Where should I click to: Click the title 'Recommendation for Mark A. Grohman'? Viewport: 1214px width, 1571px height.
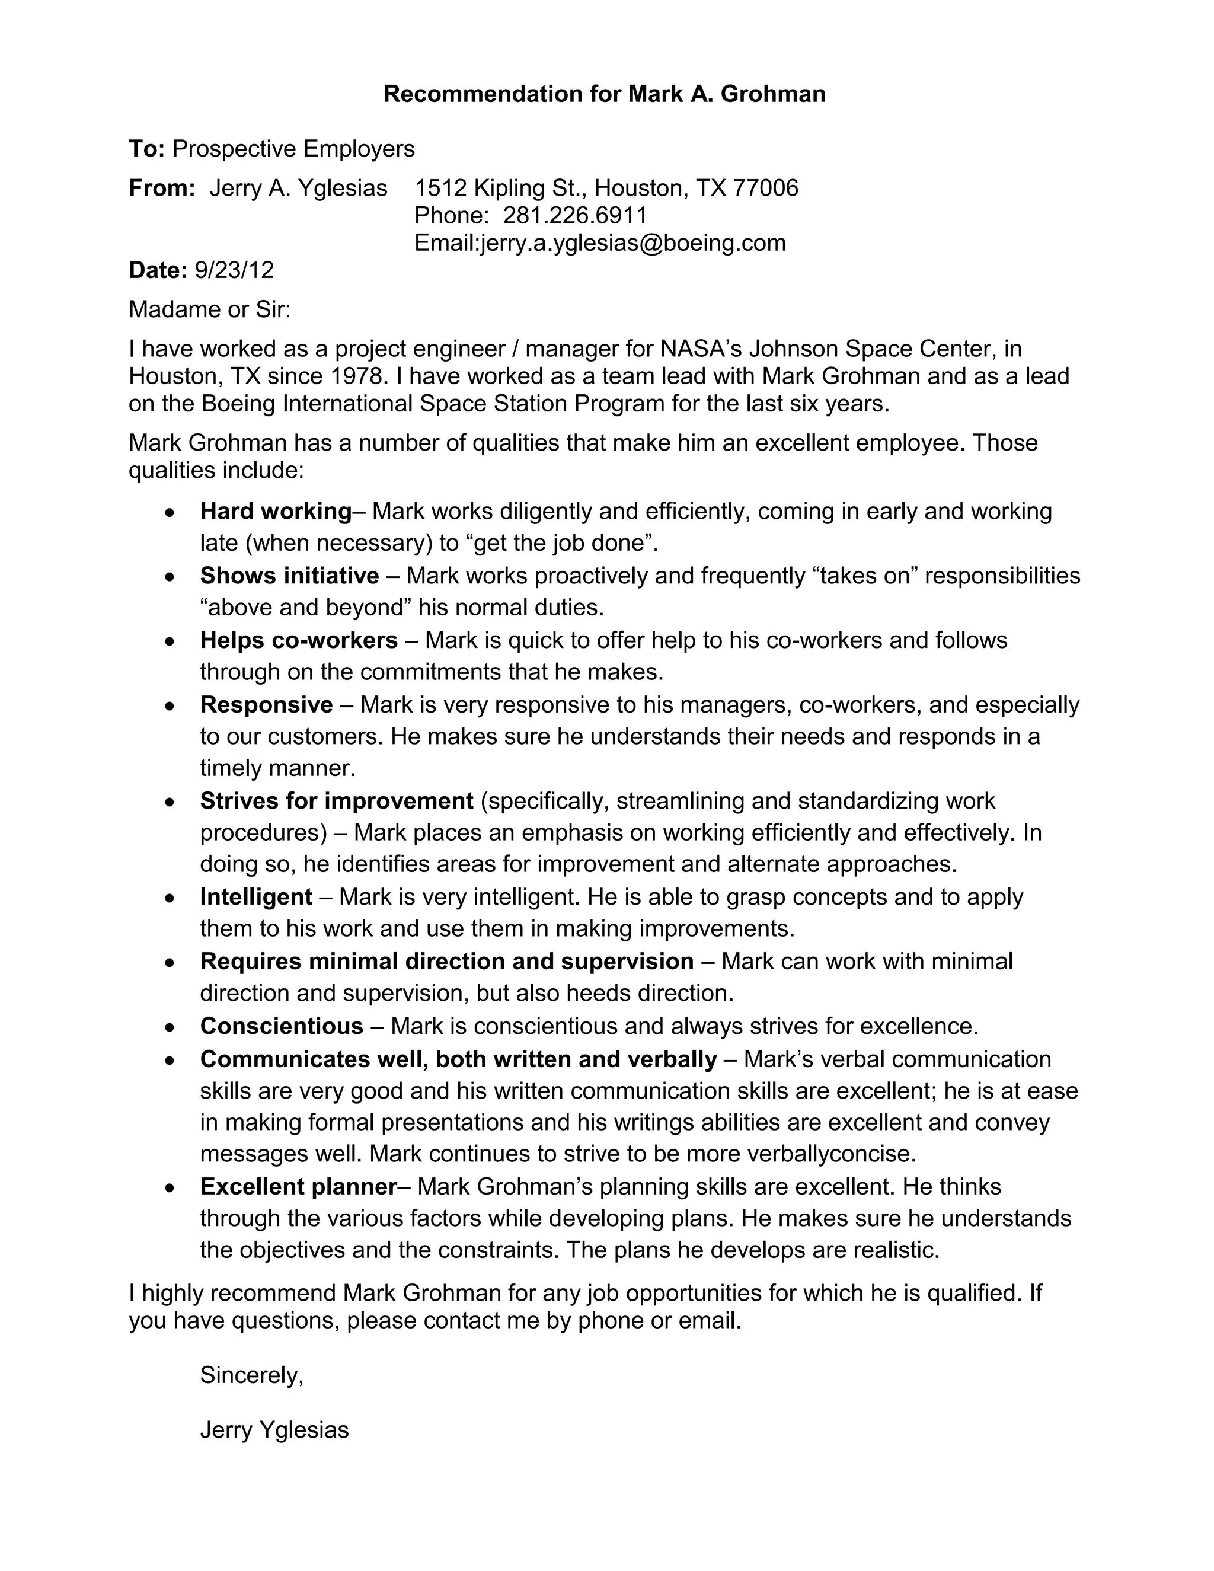click(604, 94)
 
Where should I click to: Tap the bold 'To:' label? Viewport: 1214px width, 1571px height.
click(147, 149)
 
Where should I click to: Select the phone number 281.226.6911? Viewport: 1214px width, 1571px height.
click(574, 215)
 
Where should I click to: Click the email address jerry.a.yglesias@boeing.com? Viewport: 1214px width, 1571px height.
click(633, 243)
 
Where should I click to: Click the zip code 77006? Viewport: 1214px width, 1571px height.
click(765, 188)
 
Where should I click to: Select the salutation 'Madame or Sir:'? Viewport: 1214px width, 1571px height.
click(209, 309)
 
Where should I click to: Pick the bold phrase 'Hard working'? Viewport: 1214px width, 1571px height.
click(276, 512)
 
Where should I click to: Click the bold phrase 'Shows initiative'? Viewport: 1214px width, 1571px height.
click(289, 576)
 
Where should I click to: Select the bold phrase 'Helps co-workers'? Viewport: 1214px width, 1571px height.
click(299, 640)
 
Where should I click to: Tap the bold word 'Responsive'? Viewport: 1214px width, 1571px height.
click(266, 705)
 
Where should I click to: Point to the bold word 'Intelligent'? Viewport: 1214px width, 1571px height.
click(256, 897)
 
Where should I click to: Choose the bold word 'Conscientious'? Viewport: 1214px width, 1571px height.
click(281, 1026)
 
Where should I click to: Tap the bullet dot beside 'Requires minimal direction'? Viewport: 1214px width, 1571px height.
click(169, 962)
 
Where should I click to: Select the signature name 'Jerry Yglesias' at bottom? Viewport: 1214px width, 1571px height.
click(274, 1429)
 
